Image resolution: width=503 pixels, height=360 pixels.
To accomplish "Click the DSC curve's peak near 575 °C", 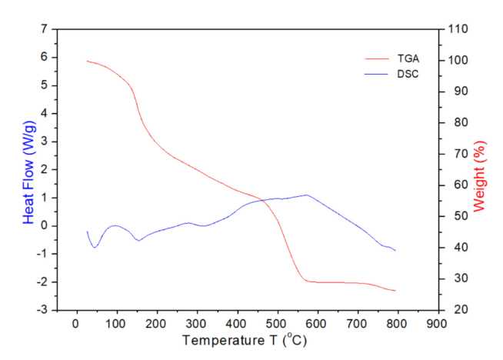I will pyautogui.click(x=307, y=195).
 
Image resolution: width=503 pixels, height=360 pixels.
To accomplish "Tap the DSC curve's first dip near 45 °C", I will pyautogui.click(x=94, y=247).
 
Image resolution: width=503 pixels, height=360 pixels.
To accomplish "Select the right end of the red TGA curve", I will pyautogui.click(x=395, y=291).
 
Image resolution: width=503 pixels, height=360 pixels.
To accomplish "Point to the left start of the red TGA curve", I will pyautogui.click(x=87, y=61).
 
